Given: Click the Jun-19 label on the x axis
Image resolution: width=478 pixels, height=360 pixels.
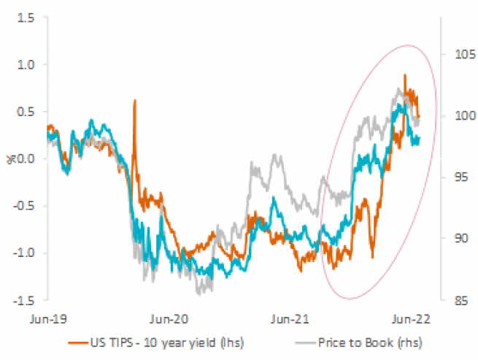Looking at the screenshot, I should (x=49, y=318).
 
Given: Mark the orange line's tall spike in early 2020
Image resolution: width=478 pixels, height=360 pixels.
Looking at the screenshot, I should (x=135, y=102).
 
